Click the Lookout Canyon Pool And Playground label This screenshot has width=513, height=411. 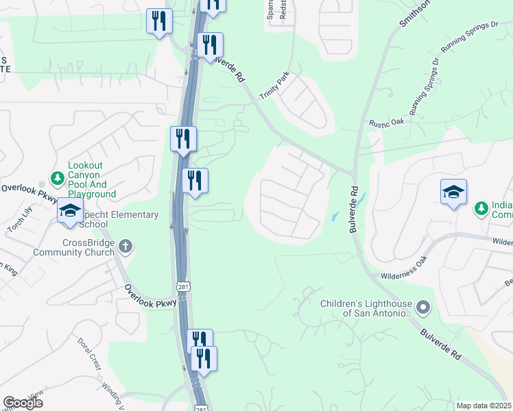pos(92,180)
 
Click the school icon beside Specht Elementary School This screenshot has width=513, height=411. pos(69,211)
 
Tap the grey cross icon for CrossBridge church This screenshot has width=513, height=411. pos(125,246)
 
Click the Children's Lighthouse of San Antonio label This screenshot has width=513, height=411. pos(366,308)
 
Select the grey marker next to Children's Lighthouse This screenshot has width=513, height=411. pos(423,308)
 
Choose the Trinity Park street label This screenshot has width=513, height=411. pos(274,86)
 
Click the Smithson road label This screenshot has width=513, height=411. pos(415,13)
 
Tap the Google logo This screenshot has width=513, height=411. pos(23,403)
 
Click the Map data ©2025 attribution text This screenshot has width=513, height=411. pos(484,406)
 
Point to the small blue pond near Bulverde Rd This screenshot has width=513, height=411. pos(334,216)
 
